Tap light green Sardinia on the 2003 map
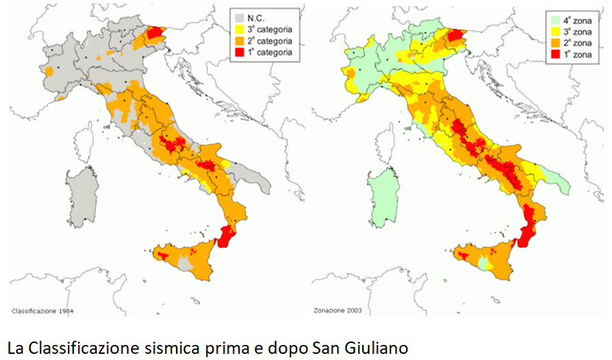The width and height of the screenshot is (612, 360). (x=381, y=198)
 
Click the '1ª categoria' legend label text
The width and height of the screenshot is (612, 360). (x=270, y=51)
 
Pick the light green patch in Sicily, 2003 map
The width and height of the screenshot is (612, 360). (x=485, y=263)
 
